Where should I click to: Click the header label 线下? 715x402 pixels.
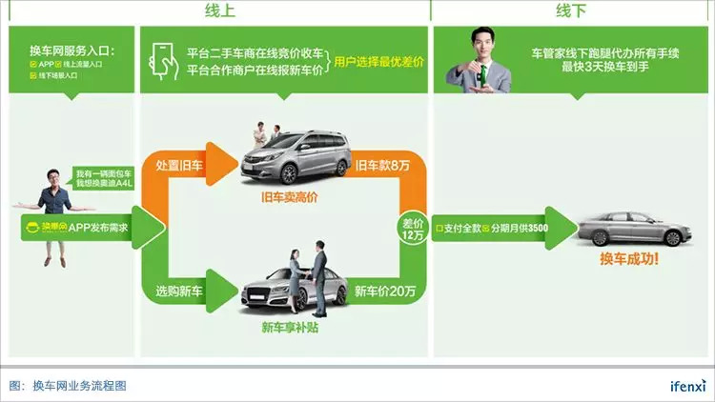[x=571, y=11]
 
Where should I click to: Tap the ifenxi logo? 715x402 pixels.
[x=683, y=385]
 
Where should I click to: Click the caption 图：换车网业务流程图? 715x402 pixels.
[x=68, y=385]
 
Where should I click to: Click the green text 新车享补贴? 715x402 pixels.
[x=287, y=328]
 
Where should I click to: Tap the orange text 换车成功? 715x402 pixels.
[x=628, y=258]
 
